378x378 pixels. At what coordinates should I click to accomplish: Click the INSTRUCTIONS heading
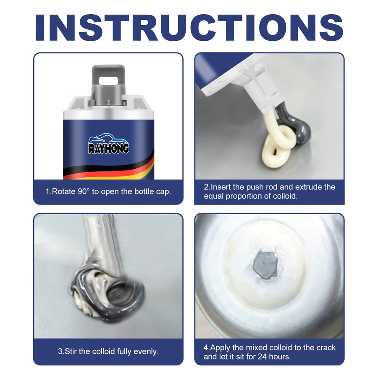189,27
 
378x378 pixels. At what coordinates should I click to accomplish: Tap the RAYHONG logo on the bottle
108,144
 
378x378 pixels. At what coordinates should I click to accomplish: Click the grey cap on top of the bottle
108,85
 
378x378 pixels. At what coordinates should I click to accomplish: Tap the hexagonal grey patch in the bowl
265,265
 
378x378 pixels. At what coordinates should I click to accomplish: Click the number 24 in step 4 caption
262,357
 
